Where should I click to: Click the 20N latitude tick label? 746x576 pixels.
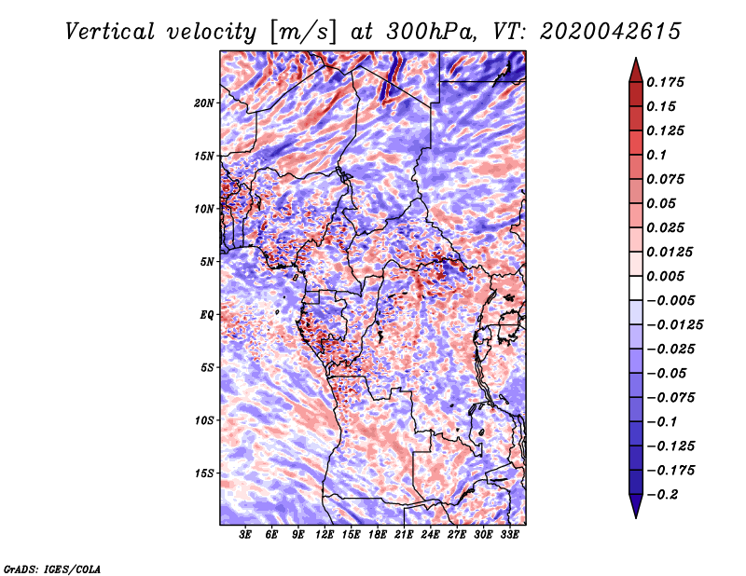[x=205, y=103]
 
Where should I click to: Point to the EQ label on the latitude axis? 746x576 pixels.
[x=206, y=314]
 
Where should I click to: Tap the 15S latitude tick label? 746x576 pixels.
[x=205, y=473]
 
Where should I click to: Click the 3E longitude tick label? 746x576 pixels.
[x=246, y=536]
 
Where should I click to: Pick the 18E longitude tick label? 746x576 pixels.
[x=378, y=536]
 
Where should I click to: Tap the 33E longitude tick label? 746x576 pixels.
[x=510, y=536]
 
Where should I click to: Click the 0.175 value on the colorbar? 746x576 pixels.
[x=668, y=82]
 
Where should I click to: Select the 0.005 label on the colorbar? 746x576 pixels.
[x=668, y=276]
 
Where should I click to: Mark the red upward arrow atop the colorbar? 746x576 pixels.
[x=634, y=67]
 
